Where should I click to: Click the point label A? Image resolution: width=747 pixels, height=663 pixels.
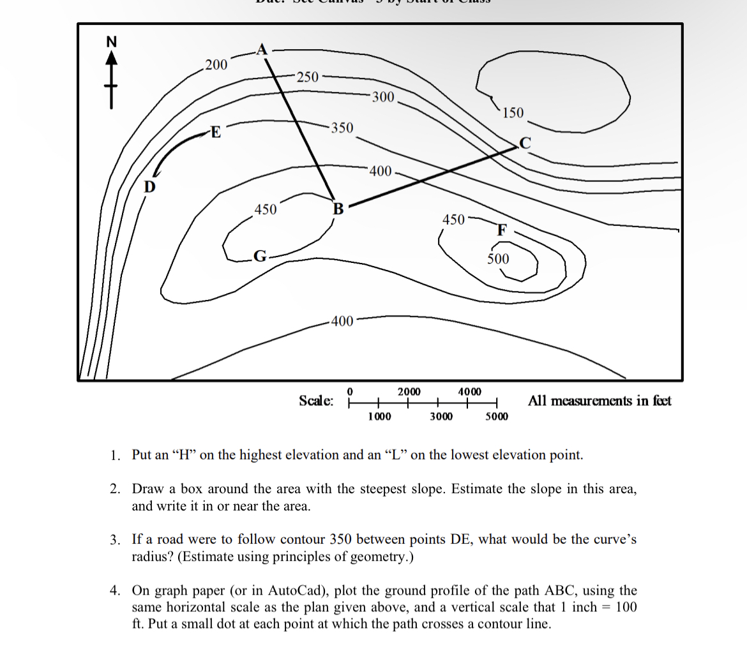pos(262,49)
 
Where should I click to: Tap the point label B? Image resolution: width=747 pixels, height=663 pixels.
pos(338,209)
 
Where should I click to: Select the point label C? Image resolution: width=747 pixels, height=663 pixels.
pos(525,143)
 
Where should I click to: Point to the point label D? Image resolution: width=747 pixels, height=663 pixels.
pos(149,187)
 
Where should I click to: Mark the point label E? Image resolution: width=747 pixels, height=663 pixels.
pos(216,133)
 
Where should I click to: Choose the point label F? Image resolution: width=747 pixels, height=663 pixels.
pos(502,230)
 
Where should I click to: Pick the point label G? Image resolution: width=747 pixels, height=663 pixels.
pos(259,257)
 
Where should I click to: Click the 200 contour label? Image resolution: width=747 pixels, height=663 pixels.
pos(216,64)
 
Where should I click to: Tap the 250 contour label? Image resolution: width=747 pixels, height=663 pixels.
pos(307,77)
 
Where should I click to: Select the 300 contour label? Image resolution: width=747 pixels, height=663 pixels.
pos(383,97)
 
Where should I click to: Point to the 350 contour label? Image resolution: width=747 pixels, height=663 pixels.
pos(342,128)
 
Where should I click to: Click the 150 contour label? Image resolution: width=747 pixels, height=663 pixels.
pos(513,114)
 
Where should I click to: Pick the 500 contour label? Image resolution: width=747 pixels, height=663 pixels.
pos(498,258)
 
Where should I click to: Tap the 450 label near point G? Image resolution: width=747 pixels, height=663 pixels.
pos(266,209)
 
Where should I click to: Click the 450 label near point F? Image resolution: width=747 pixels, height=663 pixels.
pos(454,220)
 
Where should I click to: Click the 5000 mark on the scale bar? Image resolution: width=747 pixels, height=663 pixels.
pos(497,417)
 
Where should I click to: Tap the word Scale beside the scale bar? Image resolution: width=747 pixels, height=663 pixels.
pos(316,401)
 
